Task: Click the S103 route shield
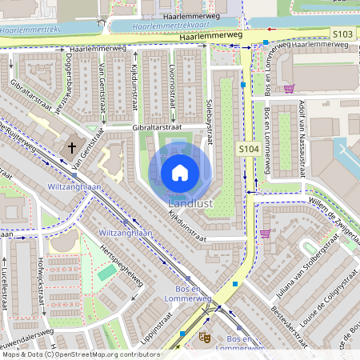(342, 34)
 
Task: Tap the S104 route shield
(248, 150)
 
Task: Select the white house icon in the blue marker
(180, 172)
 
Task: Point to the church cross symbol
(72, 147)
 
